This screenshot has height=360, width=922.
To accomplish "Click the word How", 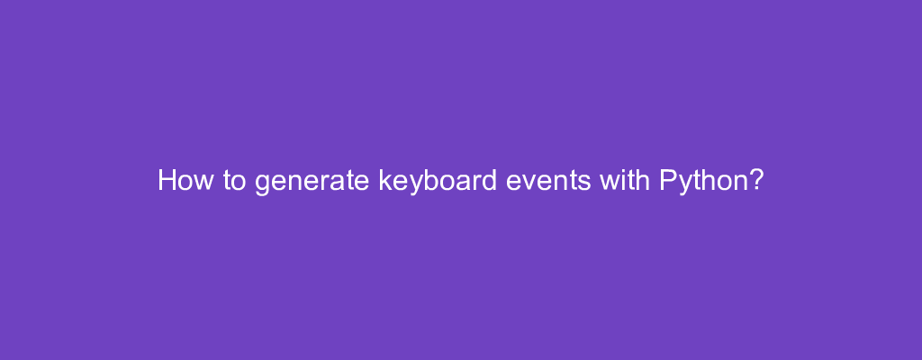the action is point(185,180).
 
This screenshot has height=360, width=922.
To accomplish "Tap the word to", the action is point(235,181).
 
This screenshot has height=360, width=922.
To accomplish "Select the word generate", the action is point(312,183).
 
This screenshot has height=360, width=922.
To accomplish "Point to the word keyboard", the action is point(438,182).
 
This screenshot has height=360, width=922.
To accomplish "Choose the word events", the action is point(548,181).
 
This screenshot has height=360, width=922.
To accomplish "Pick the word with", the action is point(625,180).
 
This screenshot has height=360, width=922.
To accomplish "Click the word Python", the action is point(703,182).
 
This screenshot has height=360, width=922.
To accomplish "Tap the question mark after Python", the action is point(755,180).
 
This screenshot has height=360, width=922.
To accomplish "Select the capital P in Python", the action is point(668,180).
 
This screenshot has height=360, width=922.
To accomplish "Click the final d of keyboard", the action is point(489,180).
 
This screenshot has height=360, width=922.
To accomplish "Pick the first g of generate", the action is point(262,184).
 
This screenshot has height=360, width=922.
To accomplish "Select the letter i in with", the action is point(622,180).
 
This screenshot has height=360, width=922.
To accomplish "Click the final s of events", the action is point(583,183).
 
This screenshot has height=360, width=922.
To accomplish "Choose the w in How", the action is point(203,183).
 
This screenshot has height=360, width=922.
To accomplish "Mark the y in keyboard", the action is point(416,184).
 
